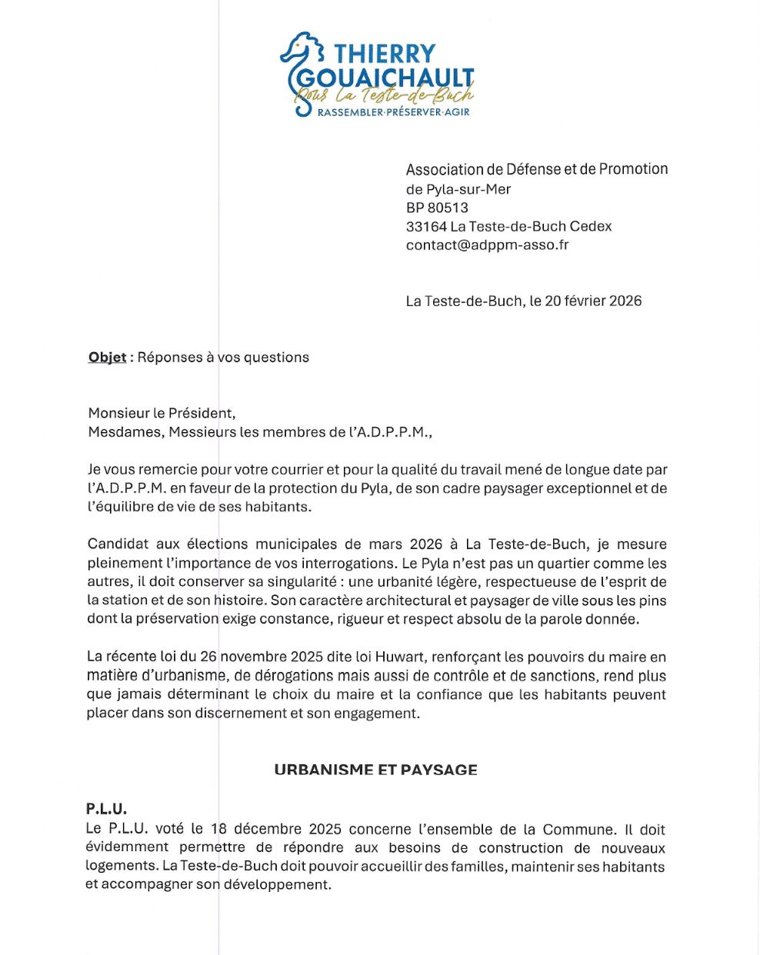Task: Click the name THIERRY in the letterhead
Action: pyautogui.click(x=385, y=54)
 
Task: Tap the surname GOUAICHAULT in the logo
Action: pyautogui.click(x=385, y=78)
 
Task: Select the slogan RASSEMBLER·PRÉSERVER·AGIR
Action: pyautogui.click(x=393, y=112)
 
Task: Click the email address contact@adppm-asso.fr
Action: pyautogui.click(x=487, y=245)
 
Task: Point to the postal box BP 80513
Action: pyautogui.click(x=437, y=208)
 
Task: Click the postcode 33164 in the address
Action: pyautogui.click(x=426, y=227)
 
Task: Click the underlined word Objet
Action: pyautogui.click(x=107, y=358)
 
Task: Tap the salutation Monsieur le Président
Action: pyautogui.click(x=162, y=414)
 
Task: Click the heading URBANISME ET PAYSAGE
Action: pyautogui.click(x=375, y=770)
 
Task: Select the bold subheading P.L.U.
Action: pyautogui.click(x=106, y=809)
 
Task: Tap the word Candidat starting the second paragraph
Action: pyautogui.click(x=118, y=544)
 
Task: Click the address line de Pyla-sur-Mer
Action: pyautogui.click(x=458, y=189)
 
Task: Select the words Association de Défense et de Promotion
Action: pyautogui.click(x=536, y=169)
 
